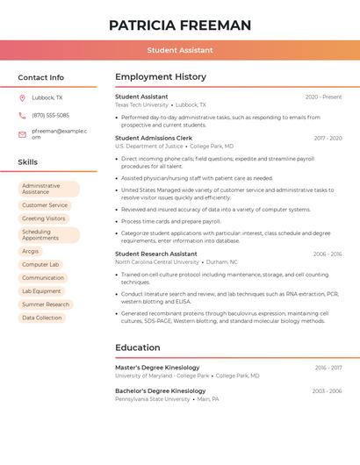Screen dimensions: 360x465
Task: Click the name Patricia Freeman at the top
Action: click(180, 25)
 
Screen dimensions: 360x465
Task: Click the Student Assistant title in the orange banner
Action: click(180, 51)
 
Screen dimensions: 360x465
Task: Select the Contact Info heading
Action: click(40, 77)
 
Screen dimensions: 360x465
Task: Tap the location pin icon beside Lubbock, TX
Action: click(22, 97)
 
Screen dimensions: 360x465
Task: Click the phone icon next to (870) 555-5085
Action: click(22, 115)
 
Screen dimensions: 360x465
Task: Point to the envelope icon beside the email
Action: click(22, 134)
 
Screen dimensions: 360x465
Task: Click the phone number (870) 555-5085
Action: click(50, 115)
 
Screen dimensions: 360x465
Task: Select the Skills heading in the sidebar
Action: click(27, 162)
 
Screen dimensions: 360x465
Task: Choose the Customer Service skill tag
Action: click(45, 205)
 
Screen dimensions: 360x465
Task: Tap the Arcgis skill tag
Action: click(31, 251)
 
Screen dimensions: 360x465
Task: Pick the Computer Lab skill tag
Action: click(40, 264)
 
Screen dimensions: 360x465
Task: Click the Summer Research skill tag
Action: click(46, 304)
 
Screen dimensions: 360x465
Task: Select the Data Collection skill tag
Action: click(42, 318)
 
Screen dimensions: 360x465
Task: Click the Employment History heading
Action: click(161, 77)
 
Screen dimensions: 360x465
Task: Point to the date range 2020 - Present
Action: click(323, 97)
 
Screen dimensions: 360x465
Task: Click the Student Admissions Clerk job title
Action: click(154, 138)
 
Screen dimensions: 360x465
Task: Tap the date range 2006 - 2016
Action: click(328, 254)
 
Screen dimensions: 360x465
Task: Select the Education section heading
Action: click(138, 348)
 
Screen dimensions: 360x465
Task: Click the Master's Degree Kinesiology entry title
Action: click(157, 368)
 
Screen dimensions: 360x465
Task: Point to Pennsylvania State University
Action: click(152, 399)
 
